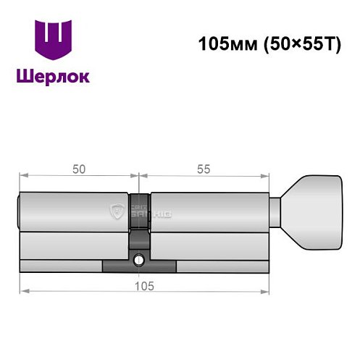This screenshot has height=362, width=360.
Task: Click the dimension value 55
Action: [204, 169]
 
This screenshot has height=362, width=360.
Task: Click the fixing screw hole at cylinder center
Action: [139, 258]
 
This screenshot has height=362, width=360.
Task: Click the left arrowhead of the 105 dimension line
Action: [22, 291]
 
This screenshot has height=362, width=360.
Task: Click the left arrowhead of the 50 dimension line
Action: [22, 175]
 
